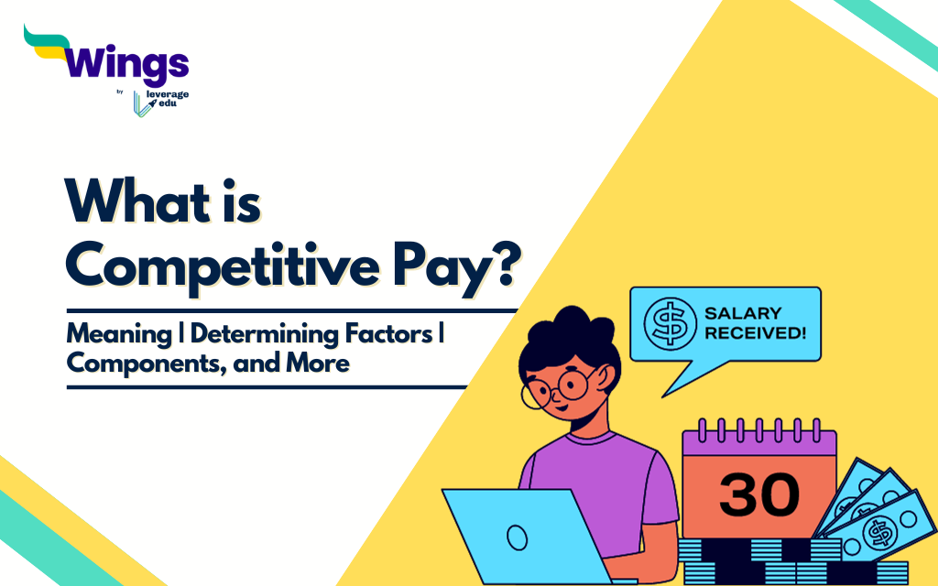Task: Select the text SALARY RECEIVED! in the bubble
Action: tap(754, 322)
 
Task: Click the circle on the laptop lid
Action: tap(518, 536)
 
